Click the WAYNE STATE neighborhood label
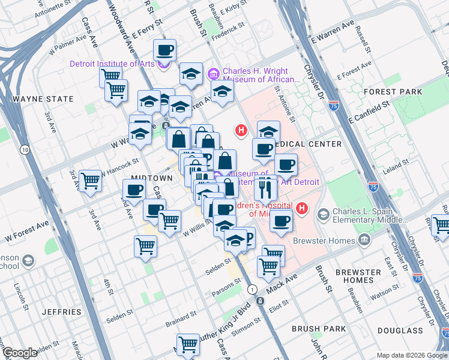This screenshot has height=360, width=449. pos(43,99)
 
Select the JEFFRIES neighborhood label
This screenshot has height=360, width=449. pos(62,312)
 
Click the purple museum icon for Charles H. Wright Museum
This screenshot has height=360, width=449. pos(212,74)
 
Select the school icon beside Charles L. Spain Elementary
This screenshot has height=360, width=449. pos(324,214)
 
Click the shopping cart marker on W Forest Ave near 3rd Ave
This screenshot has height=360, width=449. pos(91,179)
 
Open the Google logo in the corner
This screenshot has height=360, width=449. pos(20,353)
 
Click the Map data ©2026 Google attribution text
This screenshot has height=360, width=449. pos(411,355)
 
